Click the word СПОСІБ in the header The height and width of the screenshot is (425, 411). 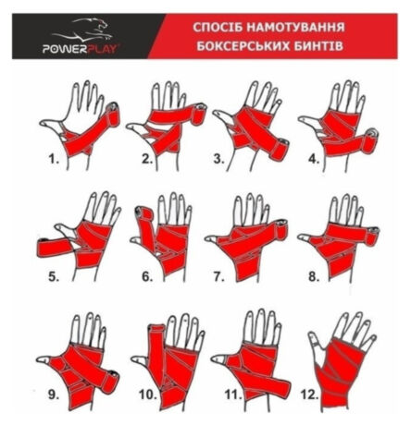click(x=218, y=28)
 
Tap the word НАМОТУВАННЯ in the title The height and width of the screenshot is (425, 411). click(x=295, y=28)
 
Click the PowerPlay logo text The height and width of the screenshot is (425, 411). click(x=81, y=49)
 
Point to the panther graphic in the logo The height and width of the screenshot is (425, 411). click(x=83, y=30)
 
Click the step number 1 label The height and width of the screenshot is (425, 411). click(x=54, y=159)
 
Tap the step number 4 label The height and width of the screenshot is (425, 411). click(x=313, y=159)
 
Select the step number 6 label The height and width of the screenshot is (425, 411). click(x=147, y=276)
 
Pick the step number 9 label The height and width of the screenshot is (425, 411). click(x=54, y=395)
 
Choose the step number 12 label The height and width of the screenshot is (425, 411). click(x=309, y=395)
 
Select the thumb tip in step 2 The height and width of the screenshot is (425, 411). click(x=131, y=127)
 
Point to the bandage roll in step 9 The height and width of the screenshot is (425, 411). click(x=110, y=382)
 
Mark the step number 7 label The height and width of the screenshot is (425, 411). click(x=218, y=277)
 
